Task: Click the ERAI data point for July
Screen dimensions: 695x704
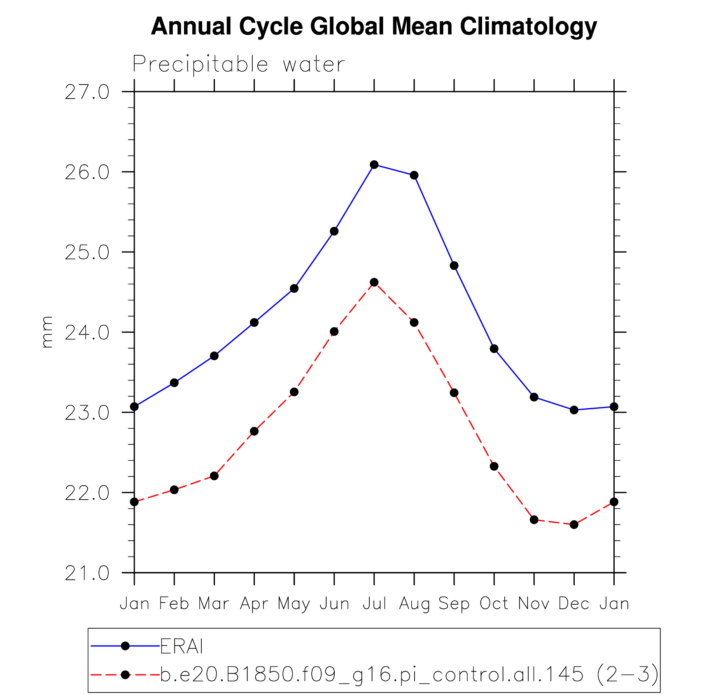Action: point(374,164)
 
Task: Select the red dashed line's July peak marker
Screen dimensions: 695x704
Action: point(374,282)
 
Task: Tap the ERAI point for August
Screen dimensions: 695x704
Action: point(414,175)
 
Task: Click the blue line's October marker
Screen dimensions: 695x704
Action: point(494,349)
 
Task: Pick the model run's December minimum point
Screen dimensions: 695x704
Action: point(574,524)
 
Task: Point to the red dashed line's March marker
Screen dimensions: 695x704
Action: point(214,476)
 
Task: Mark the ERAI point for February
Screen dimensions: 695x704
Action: point(174,383)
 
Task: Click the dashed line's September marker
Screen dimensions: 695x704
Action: point(454,392)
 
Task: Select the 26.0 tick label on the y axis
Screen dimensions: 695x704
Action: point(87,172)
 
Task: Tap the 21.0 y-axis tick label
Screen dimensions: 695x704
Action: point(87,573)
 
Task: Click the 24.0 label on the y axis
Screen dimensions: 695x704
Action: point(87,333)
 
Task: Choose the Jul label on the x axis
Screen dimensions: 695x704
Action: point(374,603)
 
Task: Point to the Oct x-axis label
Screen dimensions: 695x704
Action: point(494,603)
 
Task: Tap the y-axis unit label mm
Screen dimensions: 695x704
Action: point(47,332)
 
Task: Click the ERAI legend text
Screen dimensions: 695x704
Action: point(182,646)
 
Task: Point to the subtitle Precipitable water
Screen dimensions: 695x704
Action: point(238,64)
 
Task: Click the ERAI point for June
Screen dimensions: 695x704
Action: point(334,231)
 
